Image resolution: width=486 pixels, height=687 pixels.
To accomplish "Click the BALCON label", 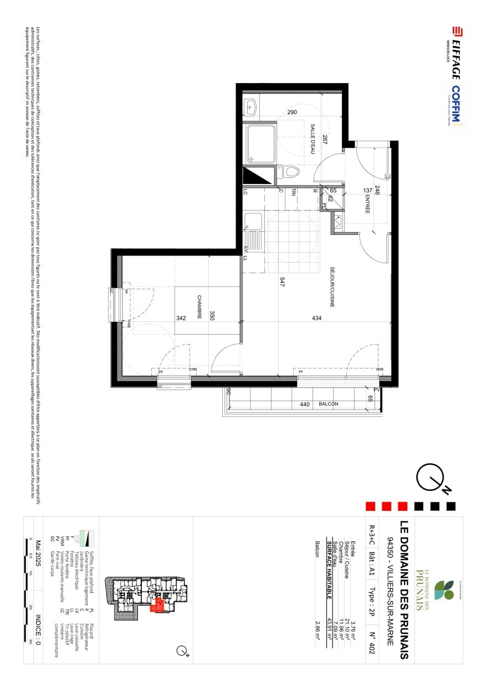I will coord(329,404).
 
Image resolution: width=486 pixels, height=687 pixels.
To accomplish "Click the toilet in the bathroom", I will coord(290,172).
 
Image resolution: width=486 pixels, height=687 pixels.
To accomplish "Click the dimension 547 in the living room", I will coord(282,282).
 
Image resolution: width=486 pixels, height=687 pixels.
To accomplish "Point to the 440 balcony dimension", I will coord(304,404).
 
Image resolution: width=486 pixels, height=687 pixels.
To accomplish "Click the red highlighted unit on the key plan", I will coord(158,604).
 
